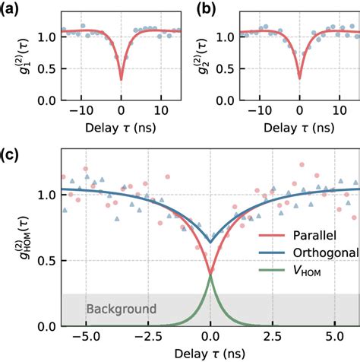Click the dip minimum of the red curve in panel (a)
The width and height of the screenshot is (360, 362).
click(122, 79)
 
